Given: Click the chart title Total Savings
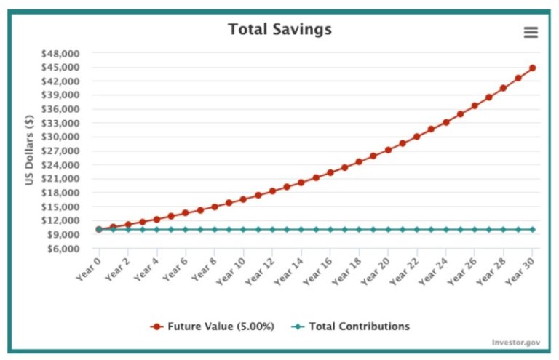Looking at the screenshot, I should pyautogui.click(x=279, y=30).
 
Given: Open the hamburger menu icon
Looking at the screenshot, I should pyautogui.click(x=531, y=32).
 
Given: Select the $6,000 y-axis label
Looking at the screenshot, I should pyautogui.click(x=82, y=248).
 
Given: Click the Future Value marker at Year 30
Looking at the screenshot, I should pyautogui.click(x=533, y=68).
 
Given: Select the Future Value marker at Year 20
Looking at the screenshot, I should pyautogui.click(x=388, y=150).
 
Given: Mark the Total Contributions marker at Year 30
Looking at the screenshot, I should pyautogui.click(x=533, y=229).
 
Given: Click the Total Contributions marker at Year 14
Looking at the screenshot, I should pyautogui.click(x=301, y=229).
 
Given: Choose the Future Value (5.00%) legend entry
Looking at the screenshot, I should pyautogui.click(x=213, y=327).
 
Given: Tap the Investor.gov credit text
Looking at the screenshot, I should pyautogui.click(x=516, y=342).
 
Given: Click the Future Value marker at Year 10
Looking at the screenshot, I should pyautogui.click(x=243, y=199).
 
